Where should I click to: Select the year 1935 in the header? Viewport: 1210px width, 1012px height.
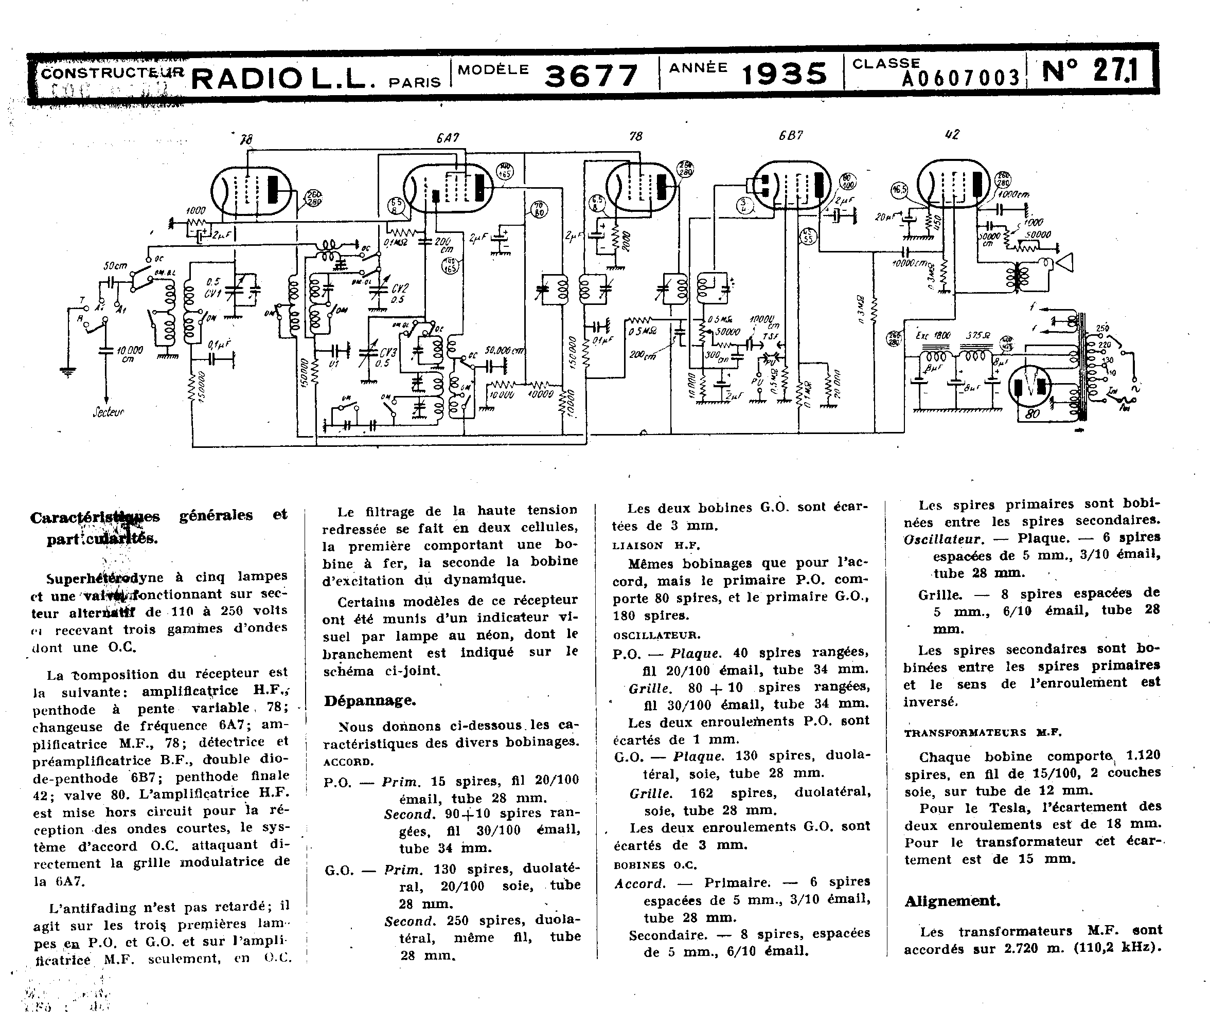click(x=784, y=74)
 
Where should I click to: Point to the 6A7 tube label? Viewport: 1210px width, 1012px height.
click(x=448, y=138)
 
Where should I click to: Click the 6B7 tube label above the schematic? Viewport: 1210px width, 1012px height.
click(x=790, y=136)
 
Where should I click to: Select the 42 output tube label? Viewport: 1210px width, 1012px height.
click(x=952, y=134)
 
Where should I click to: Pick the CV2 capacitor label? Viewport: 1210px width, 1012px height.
click(x=399, y=288)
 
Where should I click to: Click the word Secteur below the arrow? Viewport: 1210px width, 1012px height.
click(x=109, y=412)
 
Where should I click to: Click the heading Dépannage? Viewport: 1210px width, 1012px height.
click(x=370, y=701)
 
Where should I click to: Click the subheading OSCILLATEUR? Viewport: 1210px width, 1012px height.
click(x=656, y=635)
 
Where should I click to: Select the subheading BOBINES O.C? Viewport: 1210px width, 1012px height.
click(x=654, y=865)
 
